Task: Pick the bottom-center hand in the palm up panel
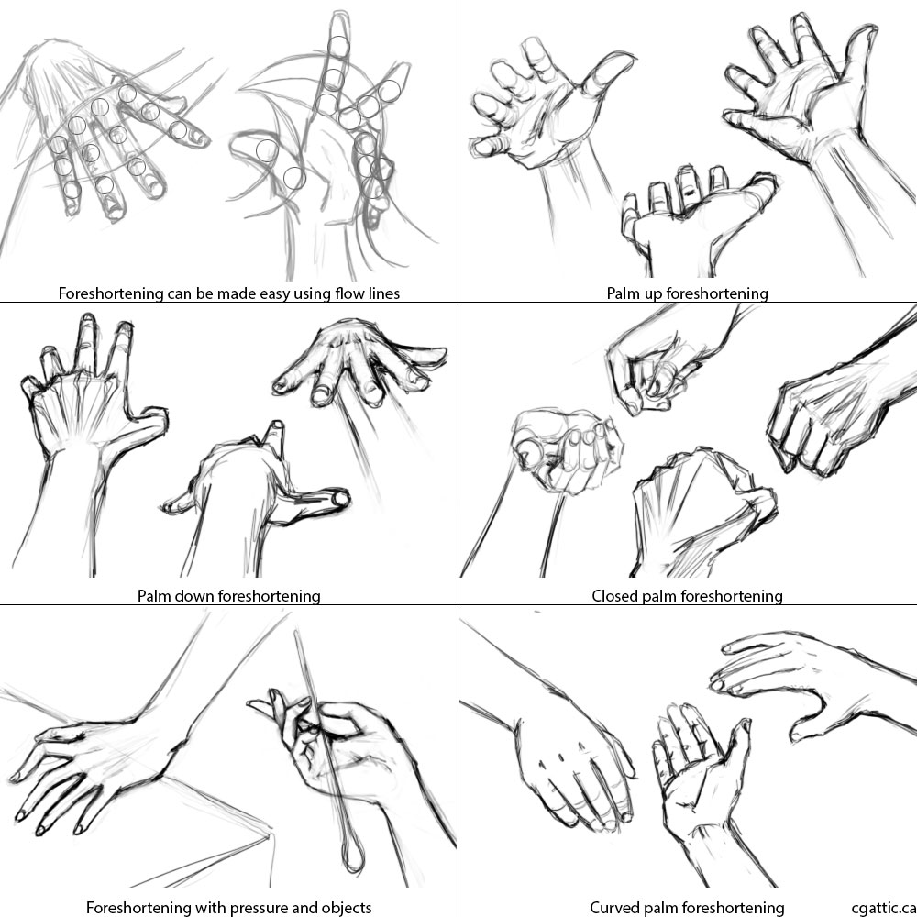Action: click(688, 215)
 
